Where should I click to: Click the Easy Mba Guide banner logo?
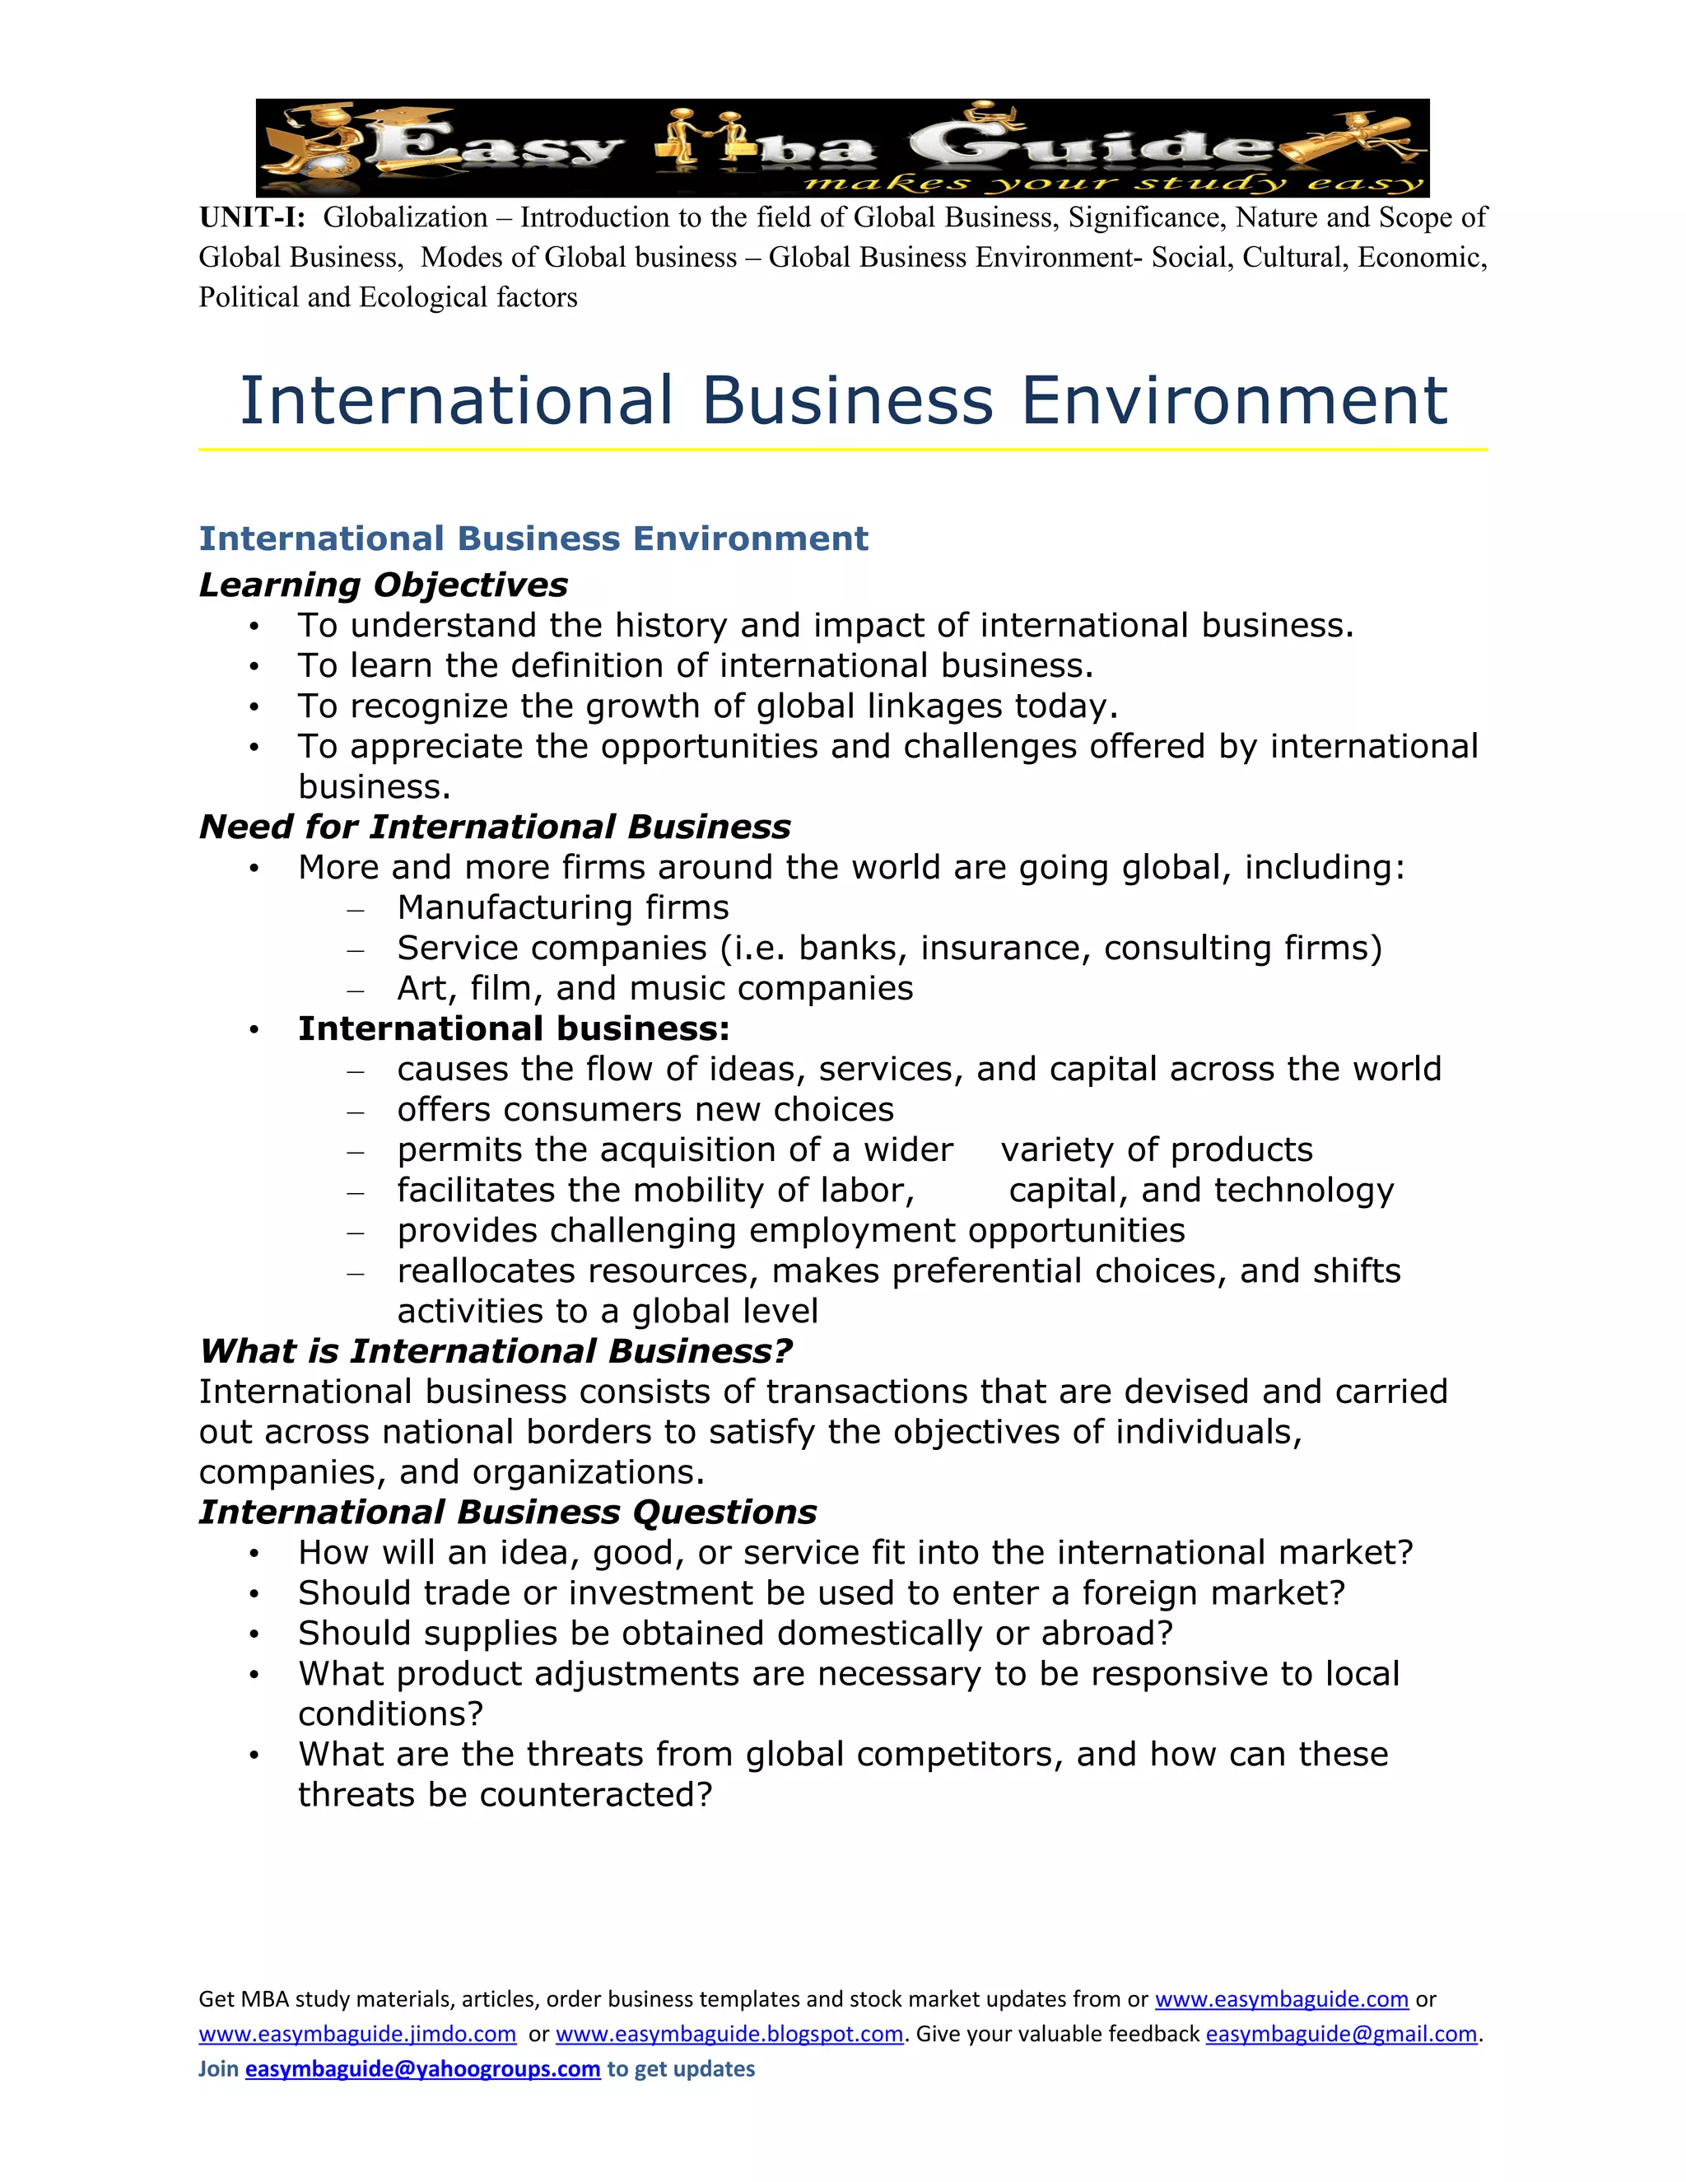(x=842, y=148)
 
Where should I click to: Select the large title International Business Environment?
(x=843, y=401)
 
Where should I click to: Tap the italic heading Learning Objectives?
(x=383, y=585)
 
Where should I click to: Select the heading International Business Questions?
(x=507, y=1512)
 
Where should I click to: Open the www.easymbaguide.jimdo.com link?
(x=356, y=2034)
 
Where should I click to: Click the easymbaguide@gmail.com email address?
(x=1340, y=2034)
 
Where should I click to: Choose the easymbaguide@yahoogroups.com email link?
(x=422, y=2068)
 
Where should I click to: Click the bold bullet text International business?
(x=514, y=1028)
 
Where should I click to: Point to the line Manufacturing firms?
(x=562, y=907)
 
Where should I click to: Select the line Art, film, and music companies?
(x=654, y=988)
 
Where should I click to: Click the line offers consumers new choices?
(x=645, y=1109)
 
